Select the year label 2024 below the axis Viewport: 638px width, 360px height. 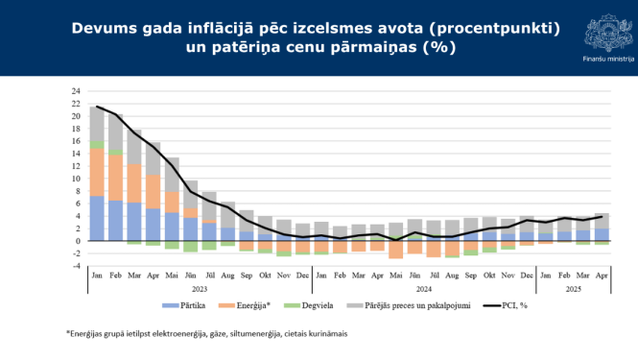point(423,288)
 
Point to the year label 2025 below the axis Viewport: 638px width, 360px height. point(573,288)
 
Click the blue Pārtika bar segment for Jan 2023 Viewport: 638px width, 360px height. point(97,219)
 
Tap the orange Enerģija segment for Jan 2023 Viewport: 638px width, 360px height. point(97,173)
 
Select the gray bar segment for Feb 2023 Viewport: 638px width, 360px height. point(115,132)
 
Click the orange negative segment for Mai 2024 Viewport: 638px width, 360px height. point(395,250)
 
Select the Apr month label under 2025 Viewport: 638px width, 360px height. point(601,275)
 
